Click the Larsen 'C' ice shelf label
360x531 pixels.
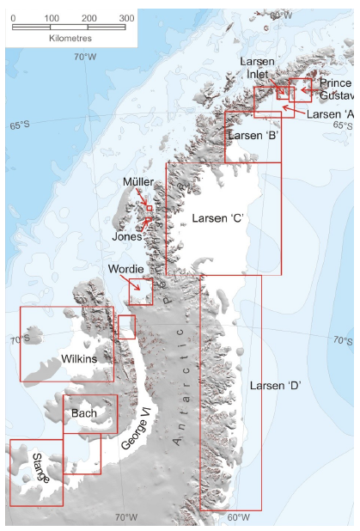tap(219, 218)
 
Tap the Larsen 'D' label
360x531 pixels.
tap(274, 386)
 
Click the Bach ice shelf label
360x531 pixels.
tap(84, 414)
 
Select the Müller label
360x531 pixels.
tap(137, 182)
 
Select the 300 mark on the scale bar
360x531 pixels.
tap(126, 17)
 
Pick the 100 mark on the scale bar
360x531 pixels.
tap(51, 17)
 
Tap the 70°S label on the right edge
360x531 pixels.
tap(342, 341)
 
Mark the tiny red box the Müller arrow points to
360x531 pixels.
tap(149, 208)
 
